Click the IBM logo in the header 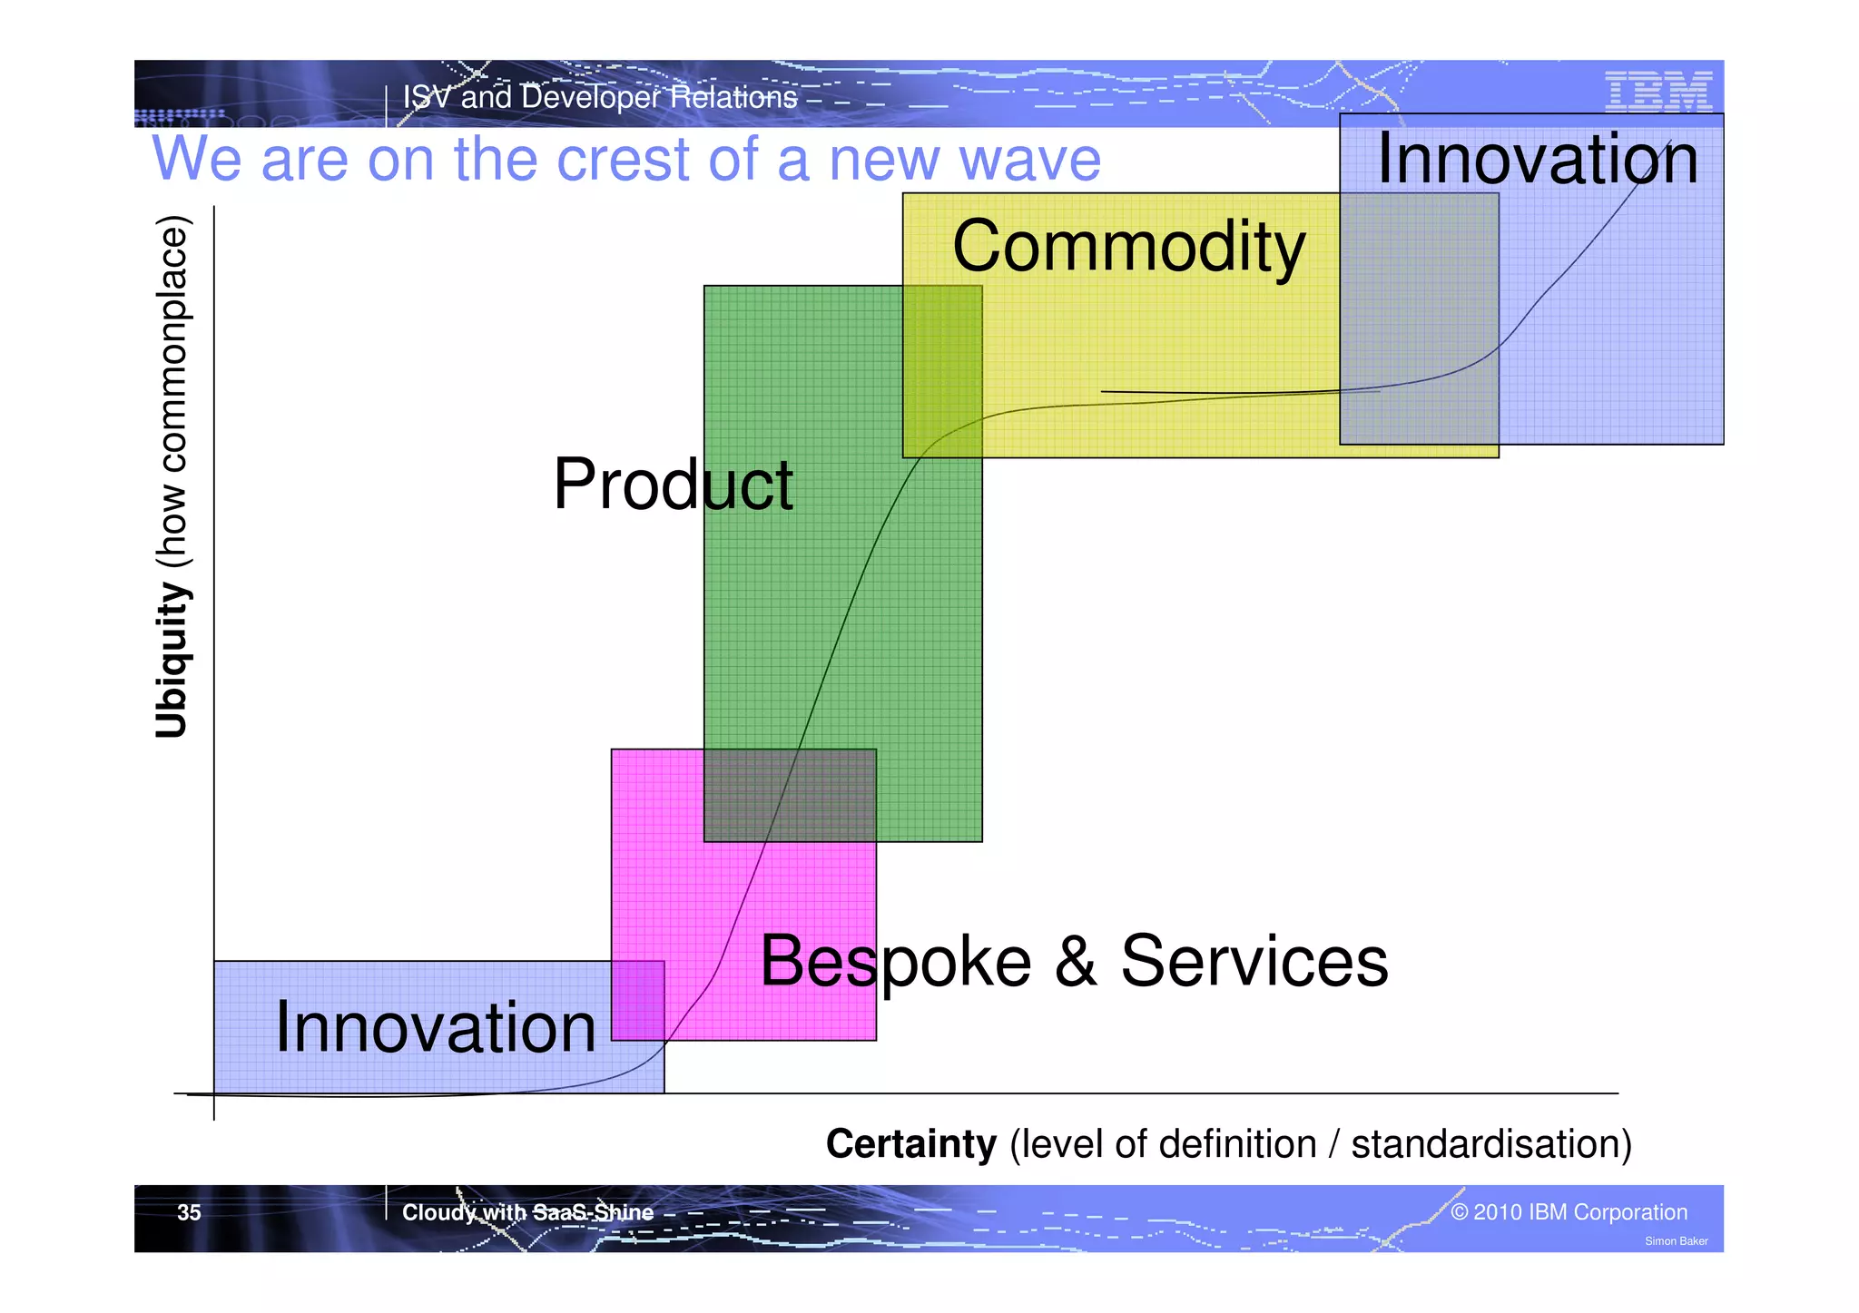[x=1657, y=93]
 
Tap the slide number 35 [x=189, y=1212]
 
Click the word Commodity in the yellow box [x=1128, y=247]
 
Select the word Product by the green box [x=673, y=485]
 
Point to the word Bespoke [x=895, y=962]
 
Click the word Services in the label [x=1254, y=961]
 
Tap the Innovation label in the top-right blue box [x=1537, y=159]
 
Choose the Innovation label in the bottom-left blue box [x=436, y=1027]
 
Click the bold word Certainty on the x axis [x=910, y=1143]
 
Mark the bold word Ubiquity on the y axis [x=171, y=661]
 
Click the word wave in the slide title [x=1029, y=160]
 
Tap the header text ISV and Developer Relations [x=599, y=97]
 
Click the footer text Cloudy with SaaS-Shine [x=527, y=1212]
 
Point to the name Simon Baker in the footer [x=1676, y=1241]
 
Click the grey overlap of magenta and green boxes [x=790, y=795]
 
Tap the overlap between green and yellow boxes [x=942, y=371]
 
